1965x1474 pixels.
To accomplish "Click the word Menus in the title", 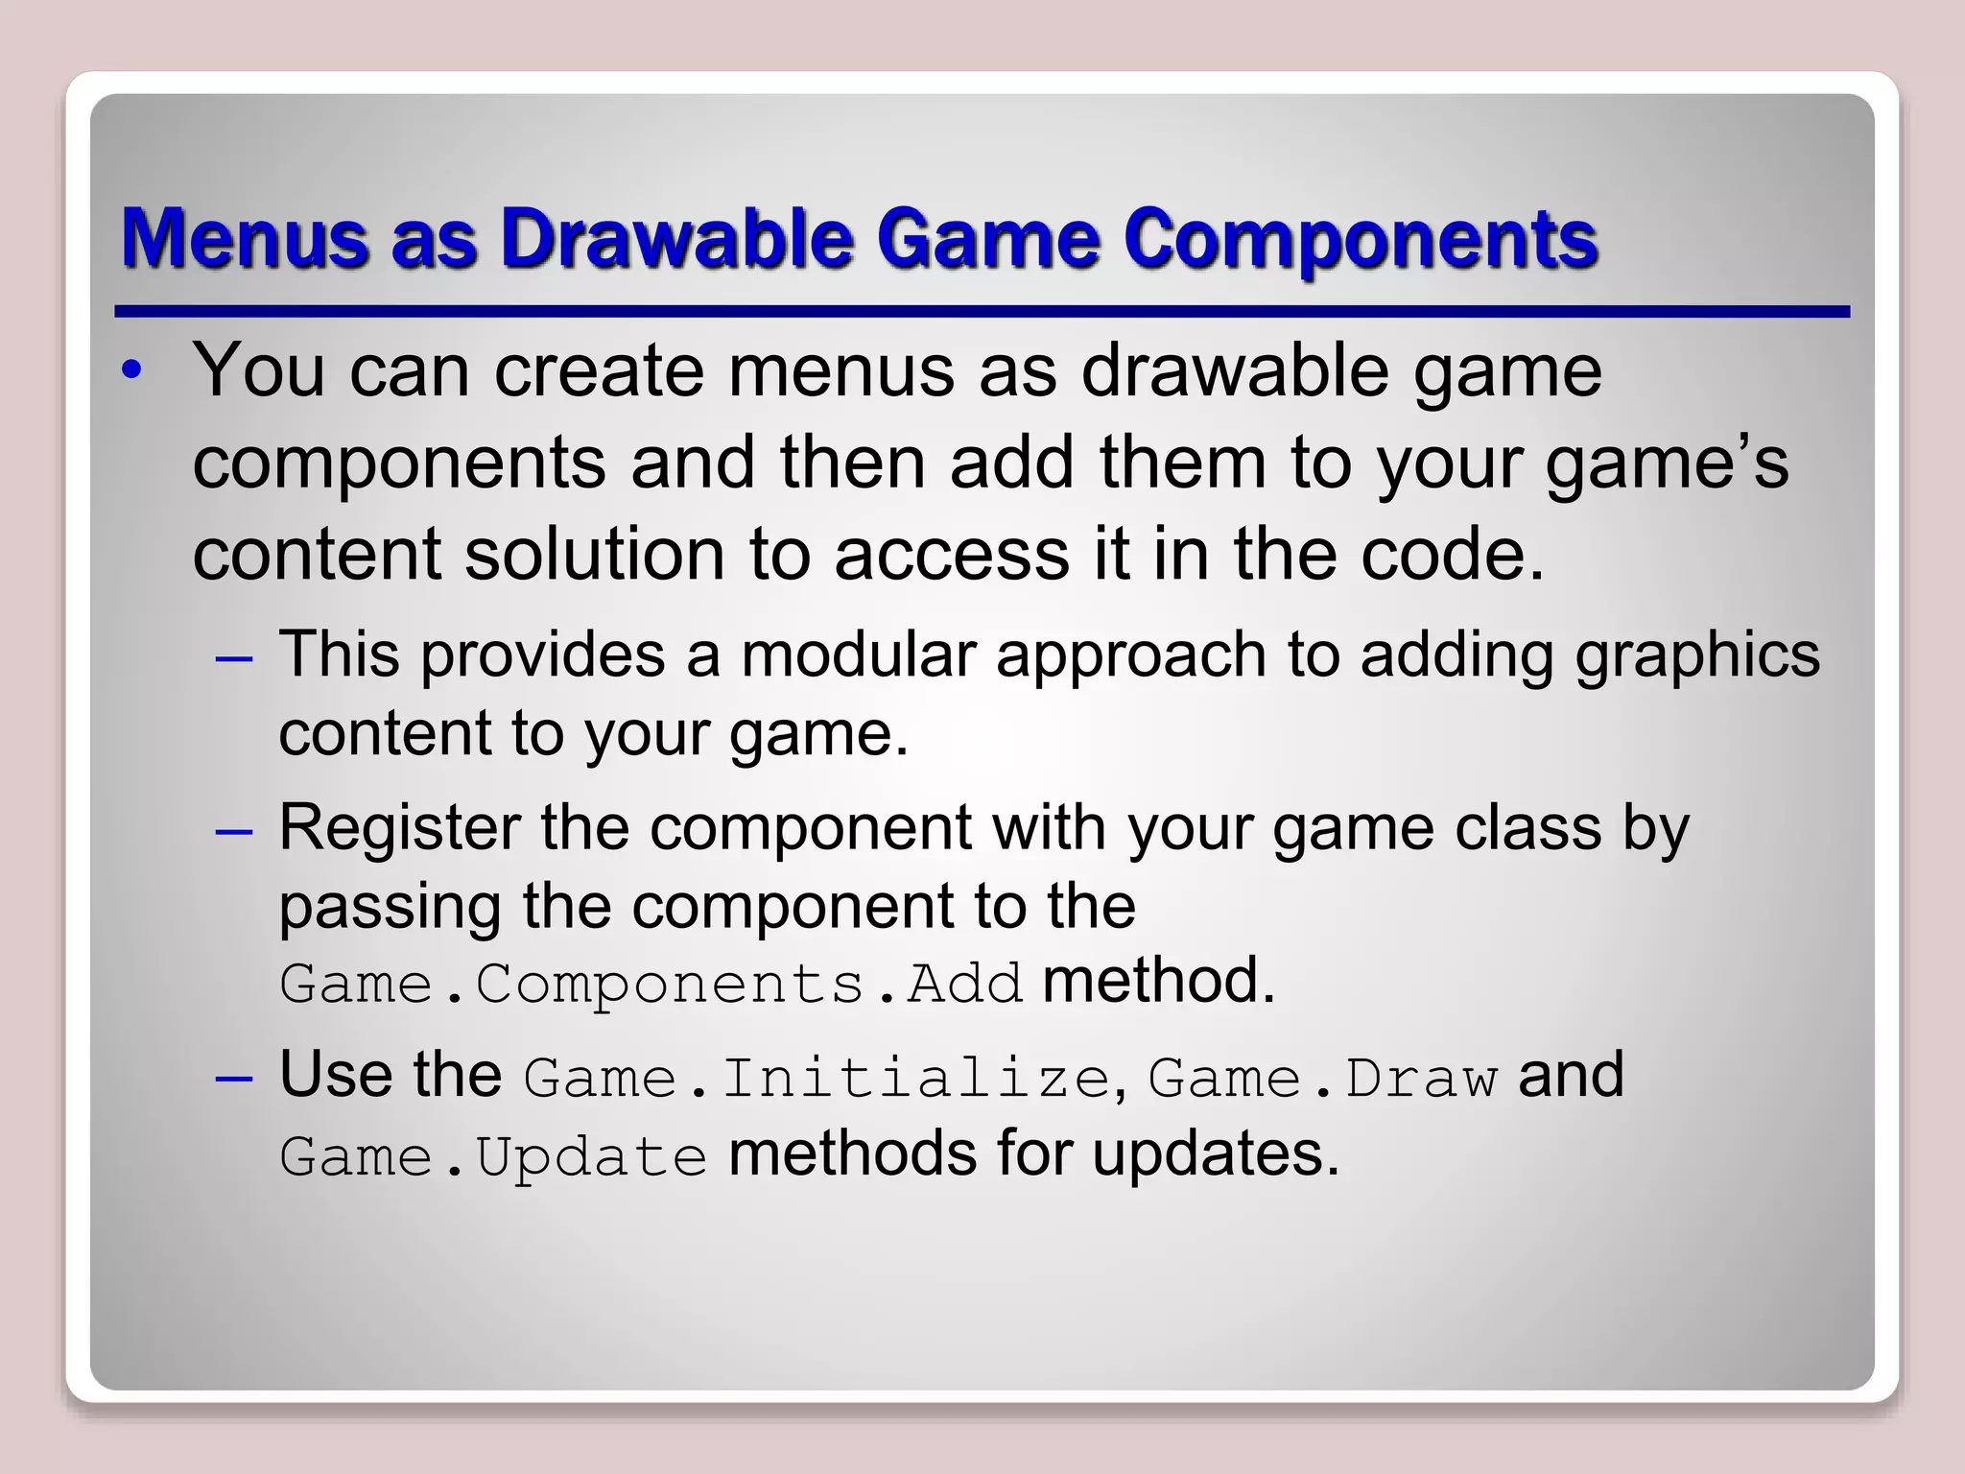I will click(244, 237).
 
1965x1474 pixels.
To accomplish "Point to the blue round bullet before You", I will click(133, 370).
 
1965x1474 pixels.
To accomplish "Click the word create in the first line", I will click(599, 370).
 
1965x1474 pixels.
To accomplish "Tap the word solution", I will click(594, 555).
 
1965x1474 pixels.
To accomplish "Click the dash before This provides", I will click(234, 659).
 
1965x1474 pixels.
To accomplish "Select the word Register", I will click(399, 828).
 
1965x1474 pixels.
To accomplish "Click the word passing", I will click(390, 908).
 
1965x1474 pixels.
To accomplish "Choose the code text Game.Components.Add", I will click(651, 985).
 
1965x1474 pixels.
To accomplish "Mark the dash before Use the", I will click(234, 1079).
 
